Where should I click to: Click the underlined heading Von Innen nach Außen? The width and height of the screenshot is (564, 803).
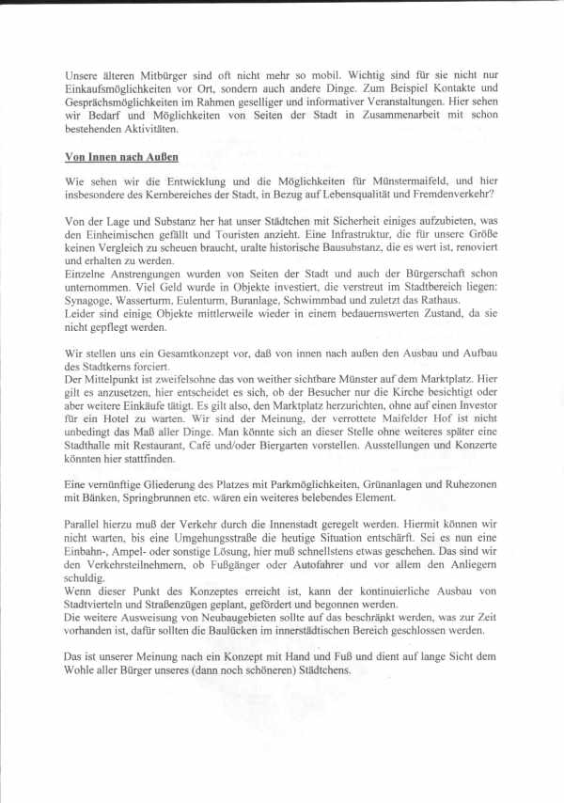pos(121,157)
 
